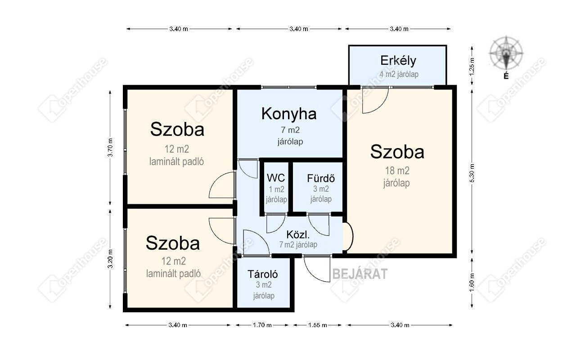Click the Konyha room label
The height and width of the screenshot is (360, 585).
[289, 114]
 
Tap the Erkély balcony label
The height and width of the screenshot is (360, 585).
[398, 61]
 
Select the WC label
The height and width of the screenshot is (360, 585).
[276, 178]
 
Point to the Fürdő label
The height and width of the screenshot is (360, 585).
[321, 179]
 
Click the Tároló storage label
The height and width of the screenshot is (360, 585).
[263, 274]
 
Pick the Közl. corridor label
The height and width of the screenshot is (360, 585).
[298, 234]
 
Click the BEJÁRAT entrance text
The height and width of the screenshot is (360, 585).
[360, 274]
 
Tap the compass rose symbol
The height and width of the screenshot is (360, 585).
[506, 53]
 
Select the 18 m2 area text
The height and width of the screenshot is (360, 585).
[397, 171]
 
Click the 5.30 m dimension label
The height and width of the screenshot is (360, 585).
[472, 173]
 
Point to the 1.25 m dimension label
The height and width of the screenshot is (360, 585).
[472, 67]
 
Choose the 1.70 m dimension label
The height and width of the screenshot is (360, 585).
[262, 325]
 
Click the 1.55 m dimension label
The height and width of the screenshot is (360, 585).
[318, 325]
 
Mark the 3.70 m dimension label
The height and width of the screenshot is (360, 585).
[110, 147]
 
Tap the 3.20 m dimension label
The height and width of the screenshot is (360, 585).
[110, 259]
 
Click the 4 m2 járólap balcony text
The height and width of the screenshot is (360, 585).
[399, 74]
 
